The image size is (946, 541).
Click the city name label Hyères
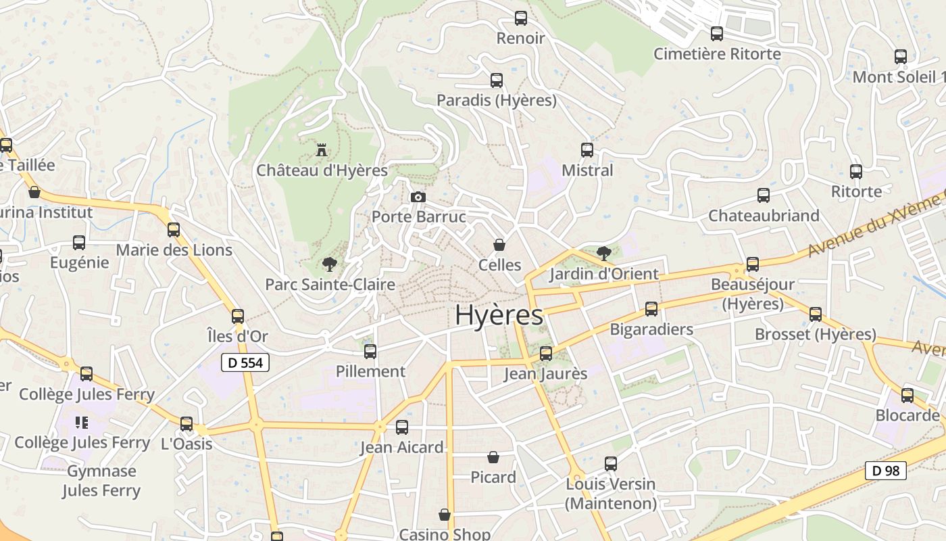coord(499,315)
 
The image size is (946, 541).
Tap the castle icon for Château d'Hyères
coord(322,149)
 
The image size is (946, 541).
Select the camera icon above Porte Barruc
coord(418,197)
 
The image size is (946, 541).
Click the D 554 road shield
coord(245,362)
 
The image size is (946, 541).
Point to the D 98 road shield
coord(885,471)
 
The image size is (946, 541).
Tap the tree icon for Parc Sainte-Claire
coord(330,264)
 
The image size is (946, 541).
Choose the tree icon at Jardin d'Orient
coord(603,254)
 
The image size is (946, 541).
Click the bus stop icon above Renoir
coord(520,18)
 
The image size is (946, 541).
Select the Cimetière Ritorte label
coord(717,54)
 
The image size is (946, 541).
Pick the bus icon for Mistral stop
coord(587,150)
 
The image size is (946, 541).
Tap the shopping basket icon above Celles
coord(499,245)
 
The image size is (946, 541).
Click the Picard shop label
coord(493,477)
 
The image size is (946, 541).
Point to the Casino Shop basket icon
coord(445,515)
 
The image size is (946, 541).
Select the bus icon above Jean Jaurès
coord(546,353)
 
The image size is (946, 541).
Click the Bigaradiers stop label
coord(651,329)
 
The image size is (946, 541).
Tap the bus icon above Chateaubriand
coord(764,195)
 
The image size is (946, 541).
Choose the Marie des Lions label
coord(174,250)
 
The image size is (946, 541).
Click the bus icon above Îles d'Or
coord(237,316)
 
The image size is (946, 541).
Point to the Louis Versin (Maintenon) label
coord(611,494)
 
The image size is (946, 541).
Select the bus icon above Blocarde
coord(907,395)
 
